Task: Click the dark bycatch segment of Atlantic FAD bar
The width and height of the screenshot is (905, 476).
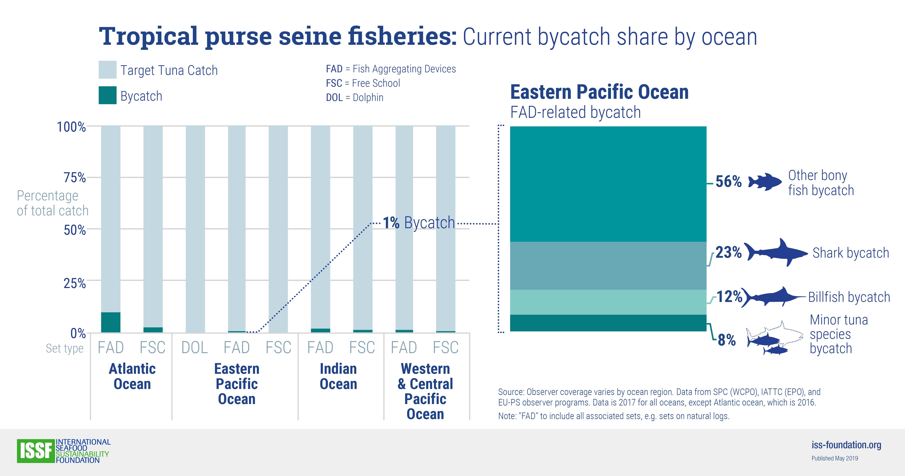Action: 111,322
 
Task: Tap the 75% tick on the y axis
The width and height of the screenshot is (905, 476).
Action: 75,178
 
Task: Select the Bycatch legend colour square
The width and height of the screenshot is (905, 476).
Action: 107,95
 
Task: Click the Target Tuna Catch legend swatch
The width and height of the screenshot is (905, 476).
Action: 107,70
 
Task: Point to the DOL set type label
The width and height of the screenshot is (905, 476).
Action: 195,348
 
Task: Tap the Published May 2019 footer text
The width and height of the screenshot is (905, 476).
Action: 835,458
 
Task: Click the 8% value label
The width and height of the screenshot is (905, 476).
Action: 727,340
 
